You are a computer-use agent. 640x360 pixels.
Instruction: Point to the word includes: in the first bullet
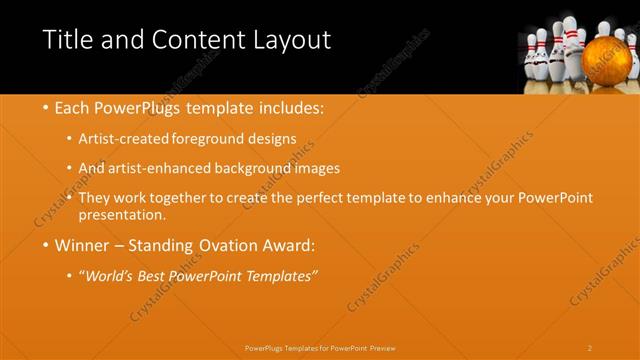(x=289, y=107)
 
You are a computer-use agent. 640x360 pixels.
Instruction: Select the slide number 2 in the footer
(x=590, y=348)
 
